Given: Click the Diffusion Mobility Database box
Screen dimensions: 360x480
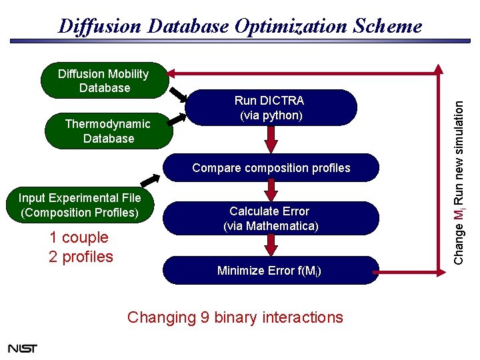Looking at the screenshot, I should [104, 81].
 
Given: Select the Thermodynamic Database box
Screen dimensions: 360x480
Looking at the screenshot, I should [109, 131].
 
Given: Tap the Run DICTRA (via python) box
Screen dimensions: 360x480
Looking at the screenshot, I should [271, 108].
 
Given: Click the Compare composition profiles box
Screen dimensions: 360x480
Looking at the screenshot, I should [271, 168].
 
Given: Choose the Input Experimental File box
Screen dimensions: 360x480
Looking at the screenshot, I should [80, 205].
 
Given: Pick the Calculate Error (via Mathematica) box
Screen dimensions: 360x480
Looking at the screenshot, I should [271, 219].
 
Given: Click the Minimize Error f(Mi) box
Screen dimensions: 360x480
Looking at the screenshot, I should [271, 271].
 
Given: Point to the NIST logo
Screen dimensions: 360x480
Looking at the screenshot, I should [23, 348].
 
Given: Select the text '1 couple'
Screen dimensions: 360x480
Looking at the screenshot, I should [79, 237].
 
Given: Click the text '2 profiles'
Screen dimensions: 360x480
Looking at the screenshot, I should [81, 257].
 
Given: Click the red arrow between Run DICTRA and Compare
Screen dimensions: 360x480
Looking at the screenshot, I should [271, 139].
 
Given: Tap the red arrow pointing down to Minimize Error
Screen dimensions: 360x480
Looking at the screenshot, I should [271, 245].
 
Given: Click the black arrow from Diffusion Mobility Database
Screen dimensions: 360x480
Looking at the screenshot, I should [177, 93].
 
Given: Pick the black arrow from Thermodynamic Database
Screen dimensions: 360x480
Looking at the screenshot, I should [177, 118].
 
